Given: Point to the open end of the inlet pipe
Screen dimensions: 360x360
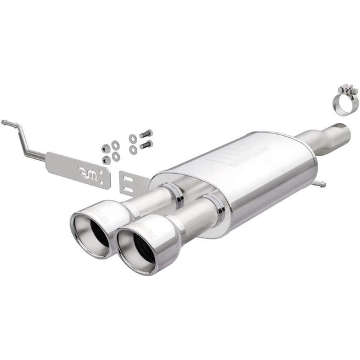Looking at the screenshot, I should pos(342,128).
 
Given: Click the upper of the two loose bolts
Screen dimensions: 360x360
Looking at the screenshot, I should pos(146,133).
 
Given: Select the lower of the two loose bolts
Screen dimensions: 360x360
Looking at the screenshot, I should pos(146,145).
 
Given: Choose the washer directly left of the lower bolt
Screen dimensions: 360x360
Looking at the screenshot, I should pos(133,149).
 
